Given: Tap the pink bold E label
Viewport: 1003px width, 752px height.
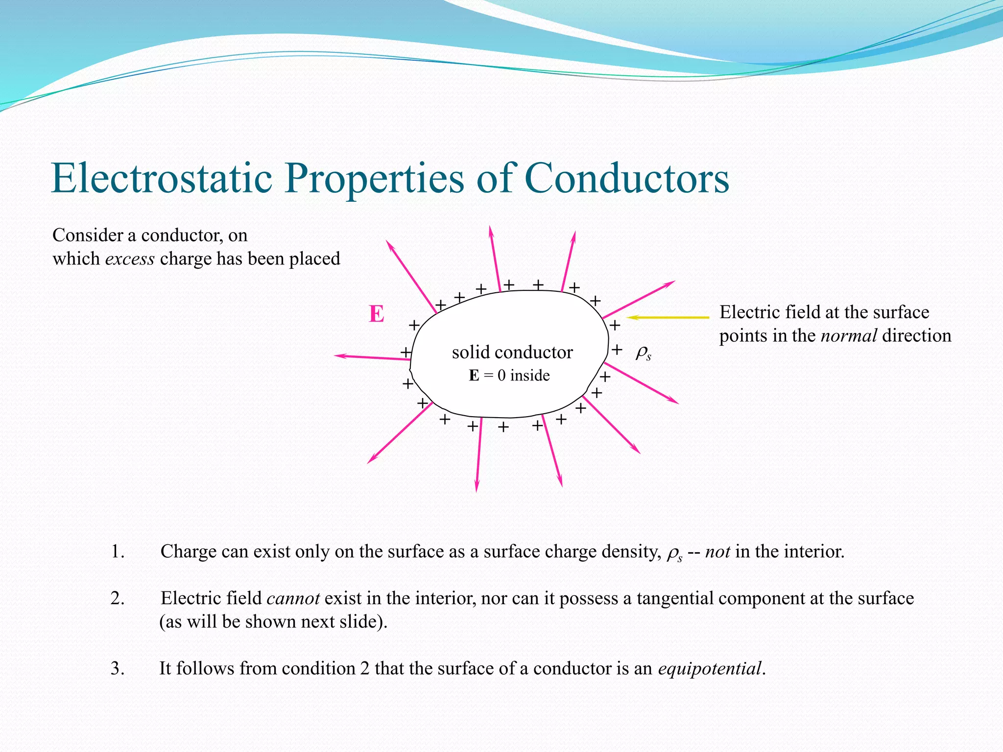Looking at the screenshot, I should pos(376,314).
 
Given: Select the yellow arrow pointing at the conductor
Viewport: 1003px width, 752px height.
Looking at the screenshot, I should pos(668,317).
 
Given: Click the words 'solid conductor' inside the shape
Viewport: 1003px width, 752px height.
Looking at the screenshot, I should pos(512,352).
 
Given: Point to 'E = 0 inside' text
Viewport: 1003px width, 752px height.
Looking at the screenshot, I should pos(509,376).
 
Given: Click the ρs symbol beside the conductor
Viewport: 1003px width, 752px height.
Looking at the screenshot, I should pos(643,353).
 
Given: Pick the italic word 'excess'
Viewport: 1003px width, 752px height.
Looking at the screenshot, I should pos(130,258).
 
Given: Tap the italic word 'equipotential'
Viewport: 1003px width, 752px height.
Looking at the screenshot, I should pos(710,668).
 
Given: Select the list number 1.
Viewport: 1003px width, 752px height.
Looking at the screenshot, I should pos(117,552).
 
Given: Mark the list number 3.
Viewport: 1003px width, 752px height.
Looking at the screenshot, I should pos(117,668).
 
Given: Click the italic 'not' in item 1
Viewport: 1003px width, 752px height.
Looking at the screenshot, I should pos(717,552).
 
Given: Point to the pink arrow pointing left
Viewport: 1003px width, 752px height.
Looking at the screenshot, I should pos(372,357).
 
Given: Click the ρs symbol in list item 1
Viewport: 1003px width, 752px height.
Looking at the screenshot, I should pos(674,554).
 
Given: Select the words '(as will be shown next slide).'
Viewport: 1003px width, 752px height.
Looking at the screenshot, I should pos(273,622).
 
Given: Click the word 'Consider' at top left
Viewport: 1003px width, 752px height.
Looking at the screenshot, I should pos(88,235).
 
